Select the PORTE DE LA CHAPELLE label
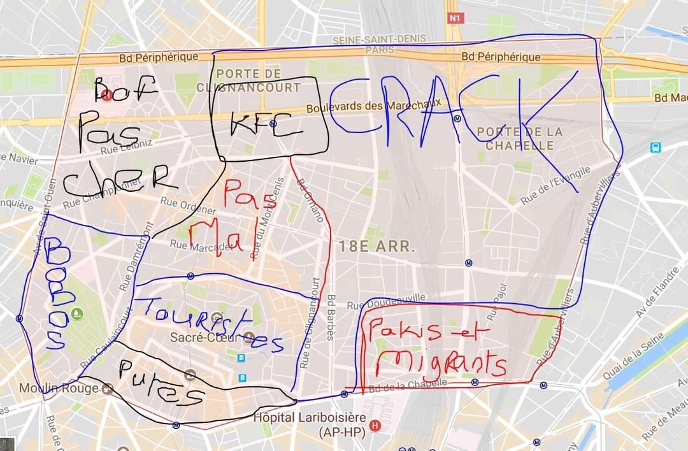[x=524, y=138]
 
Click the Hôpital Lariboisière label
[x=308, y=419]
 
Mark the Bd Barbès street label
[x=331, y=317]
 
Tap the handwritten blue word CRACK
[x=446, y=115]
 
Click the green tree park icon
[x=78, y=313]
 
